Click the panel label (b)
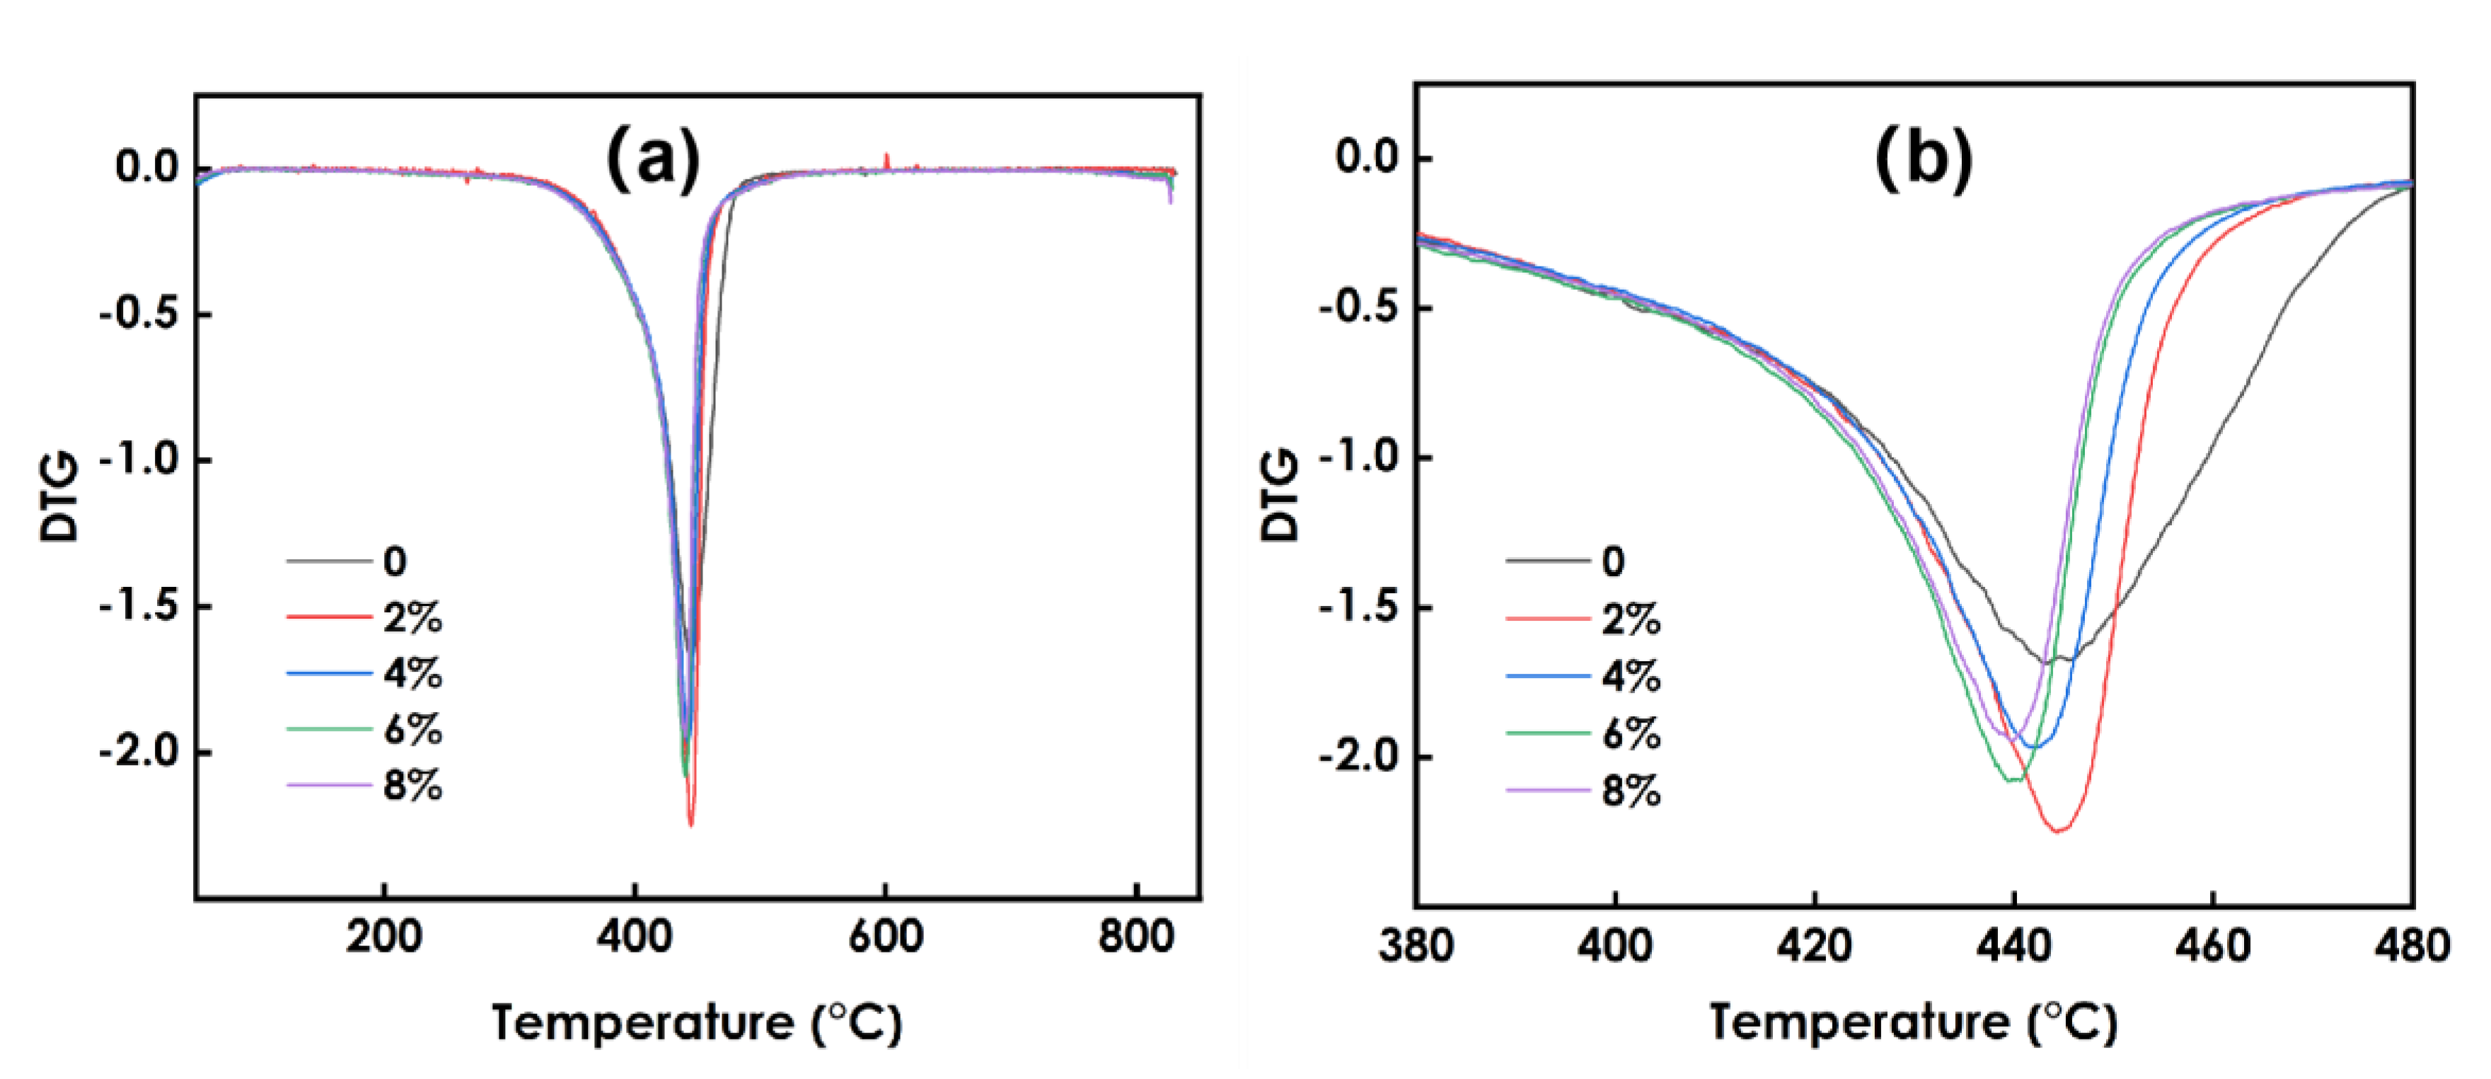[1924, 160]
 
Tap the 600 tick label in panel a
[885, 936]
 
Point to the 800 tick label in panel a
[1135, 936]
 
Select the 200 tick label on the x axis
[384, 936]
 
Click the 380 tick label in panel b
[1416, 945]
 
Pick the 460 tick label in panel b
[2212, 945]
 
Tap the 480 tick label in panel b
[2412, 945]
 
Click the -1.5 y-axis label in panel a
[139, 606]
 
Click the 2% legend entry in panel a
[412, 617]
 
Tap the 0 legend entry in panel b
[1613, 561]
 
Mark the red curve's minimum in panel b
[2059, 829]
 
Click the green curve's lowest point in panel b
[2014, 780]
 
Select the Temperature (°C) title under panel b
[1913, 1023]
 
